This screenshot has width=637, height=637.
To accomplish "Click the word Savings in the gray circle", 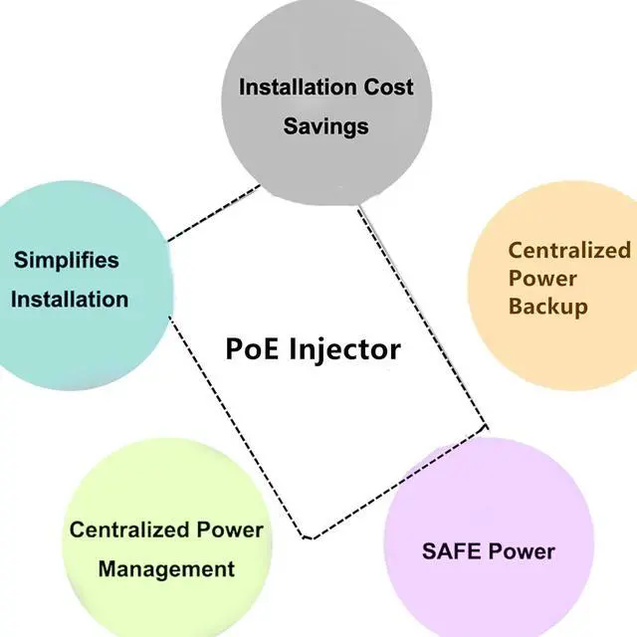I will click(x=325, y=126).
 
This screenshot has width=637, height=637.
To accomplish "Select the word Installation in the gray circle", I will click(x=296, y=86).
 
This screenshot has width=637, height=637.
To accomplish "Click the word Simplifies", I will click(x=66, y=261).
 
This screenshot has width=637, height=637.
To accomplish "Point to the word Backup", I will click(x=547, y=306).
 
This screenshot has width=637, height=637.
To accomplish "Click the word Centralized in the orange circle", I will click(x=569, y=250).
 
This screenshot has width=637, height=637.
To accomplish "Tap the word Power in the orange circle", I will click(x=541, y=278).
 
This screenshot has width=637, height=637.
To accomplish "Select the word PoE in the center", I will click(x=255, y=349).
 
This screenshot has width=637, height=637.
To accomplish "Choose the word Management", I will click(x=166, y=569).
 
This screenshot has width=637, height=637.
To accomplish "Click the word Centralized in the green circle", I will click(x=122, y=530).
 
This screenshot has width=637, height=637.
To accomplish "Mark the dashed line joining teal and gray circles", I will click(x=214, y=212).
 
